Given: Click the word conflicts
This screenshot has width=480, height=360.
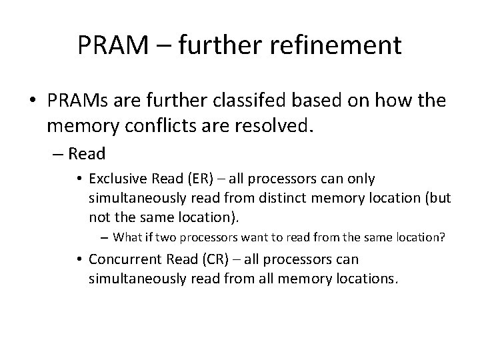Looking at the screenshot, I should [166, 123].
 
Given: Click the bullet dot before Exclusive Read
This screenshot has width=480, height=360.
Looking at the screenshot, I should [79, 179].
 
